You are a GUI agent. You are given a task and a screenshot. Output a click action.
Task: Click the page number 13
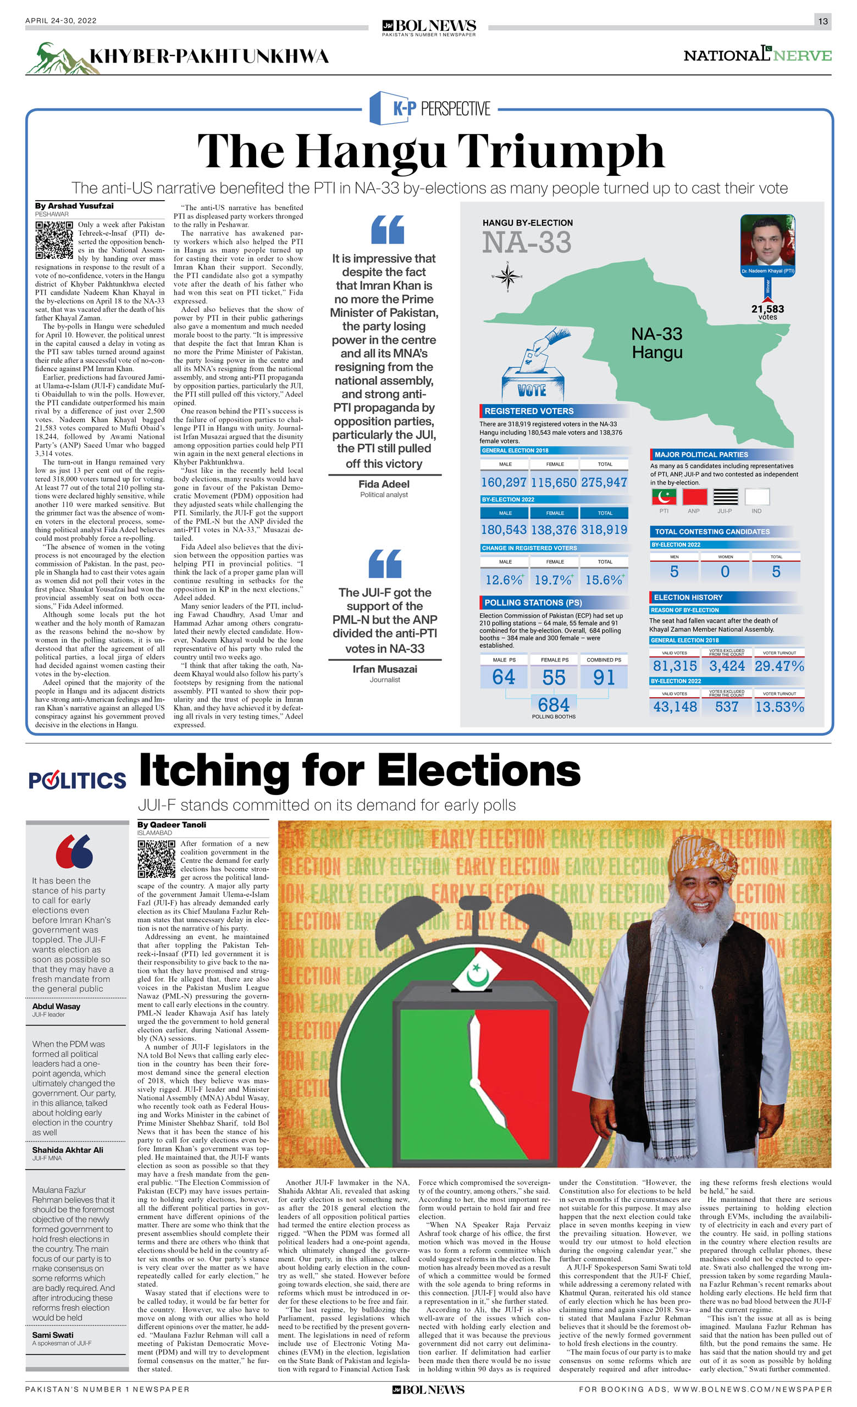click(822, 21)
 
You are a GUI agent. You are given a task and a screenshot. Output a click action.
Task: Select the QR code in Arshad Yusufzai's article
click(54, 240)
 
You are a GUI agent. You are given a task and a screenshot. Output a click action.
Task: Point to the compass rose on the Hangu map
click(506, 277)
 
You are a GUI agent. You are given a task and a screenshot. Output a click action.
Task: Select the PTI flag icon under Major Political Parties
click(664, 496)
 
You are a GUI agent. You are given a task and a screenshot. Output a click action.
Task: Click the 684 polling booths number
click(553, 704)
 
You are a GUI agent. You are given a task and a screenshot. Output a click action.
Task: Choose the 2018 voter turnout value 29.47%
click(779, 666)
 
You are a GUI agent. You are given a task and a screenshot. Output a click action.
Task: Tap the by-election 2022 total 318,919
click(604, 529)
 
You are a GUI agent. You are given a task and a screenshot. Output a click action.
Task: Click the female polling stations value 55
click(553, 677)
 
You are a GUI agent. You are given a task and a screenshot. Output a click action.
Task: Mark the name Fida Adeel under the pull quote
click(384, 484)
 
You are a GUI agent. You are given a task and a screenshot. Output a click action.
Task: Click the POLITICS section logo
click(77, 780)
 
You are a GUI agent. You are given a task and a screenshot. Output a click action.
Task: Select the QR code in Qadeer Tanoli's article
click(156, 858)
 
